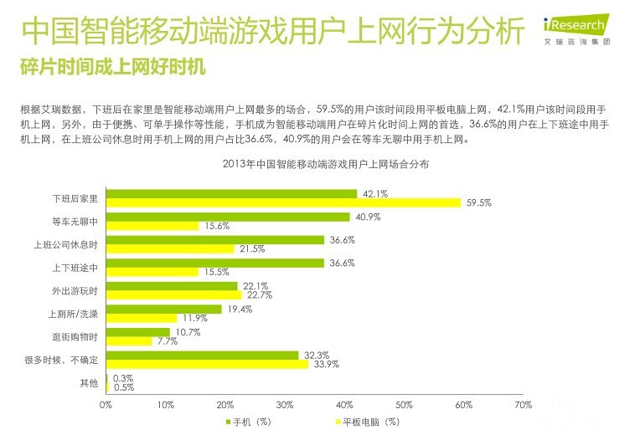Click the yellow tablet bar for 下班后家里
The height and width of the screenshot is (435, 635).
(x=283, y=202)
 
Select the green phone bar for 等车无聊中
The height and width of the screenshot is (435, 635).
(x=228, y=217)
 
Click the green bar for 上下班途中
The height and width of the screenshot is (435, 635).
(x=214, y=263)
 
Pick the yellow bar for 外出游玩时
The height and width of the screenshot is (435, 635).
(x=173, y=294)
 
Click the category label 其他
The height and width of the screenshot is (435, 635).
(x=88, y=383)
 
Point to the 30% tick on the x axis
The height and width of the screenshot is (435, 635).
(x=285, y=405)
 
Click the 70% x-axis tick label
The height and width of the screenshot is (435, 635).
(x=523, y=405)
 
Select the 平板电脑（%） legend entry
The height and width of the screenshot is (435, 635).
(x=369, y=422)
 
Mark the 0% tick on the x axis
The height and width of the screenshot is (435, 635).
(x=106, y=405)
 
